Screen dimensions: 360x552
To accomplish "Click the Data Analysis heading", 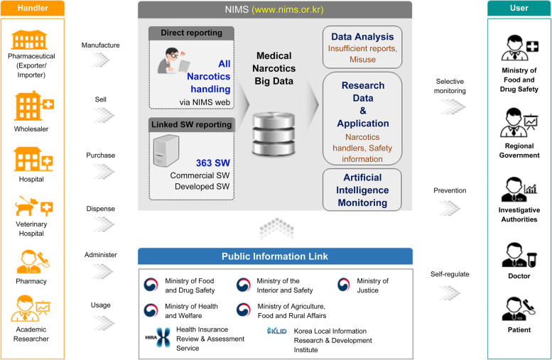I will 362,37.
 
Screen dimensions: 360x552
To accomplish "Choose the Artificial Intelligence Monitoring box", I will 362,190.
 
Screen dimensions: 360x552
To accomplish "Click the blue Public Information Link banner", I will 275,256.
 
